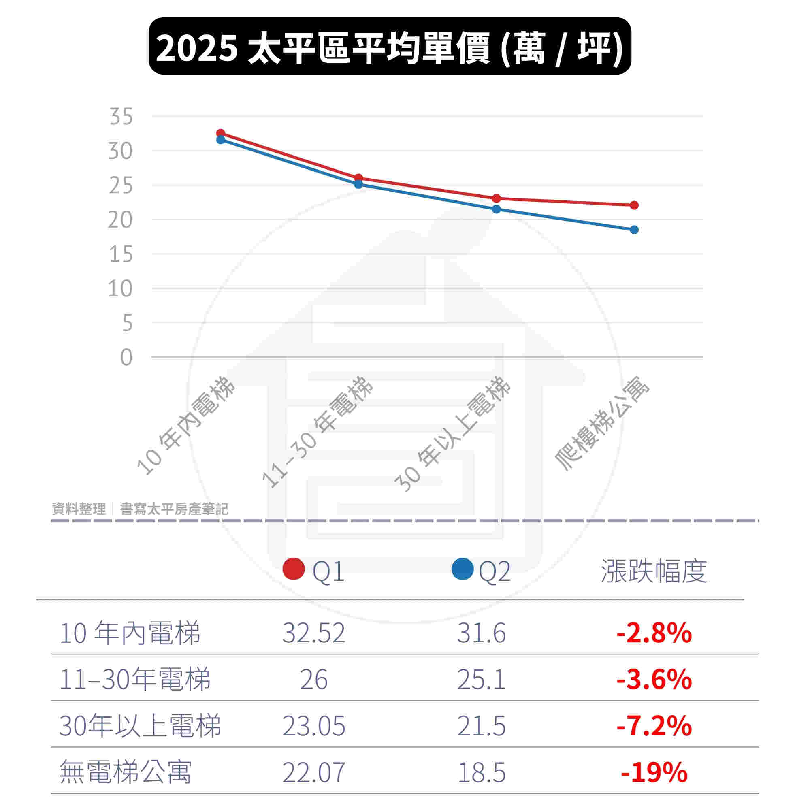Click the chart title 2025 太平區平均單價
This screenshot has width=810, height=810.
[390, 47]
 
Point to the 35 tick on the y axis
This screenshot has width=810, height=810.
[121, 116]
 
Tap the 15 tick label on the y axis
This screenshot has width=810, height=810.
[121, 254]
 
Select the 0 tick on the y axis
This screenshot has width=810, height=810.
[126, 358]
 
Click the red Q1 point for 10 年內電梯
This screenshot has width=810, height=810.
[221, 133]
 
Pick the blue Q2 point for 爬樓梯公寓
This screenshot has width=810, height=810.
[634, 230]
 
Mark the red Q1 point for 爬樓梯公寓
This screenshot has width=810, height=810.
[634, 205]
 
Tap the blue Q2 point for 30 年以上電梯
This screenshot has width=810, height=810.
[497, 209]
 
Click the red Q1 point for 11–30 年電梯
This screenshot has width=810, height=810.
[358, 178]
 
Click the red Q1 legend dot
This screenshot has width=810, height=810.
[294, 569]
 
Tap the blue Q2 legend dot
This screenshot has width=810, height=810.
[463, 569]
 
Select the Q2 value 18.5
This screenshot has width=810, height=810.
[481, 772]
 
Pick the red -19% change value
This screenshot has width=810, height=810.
[654, 772]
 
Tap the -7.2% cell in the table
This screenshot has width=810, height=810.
[654, 726]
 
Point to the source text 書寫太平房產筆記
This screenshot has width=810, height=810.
[174, 509]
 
